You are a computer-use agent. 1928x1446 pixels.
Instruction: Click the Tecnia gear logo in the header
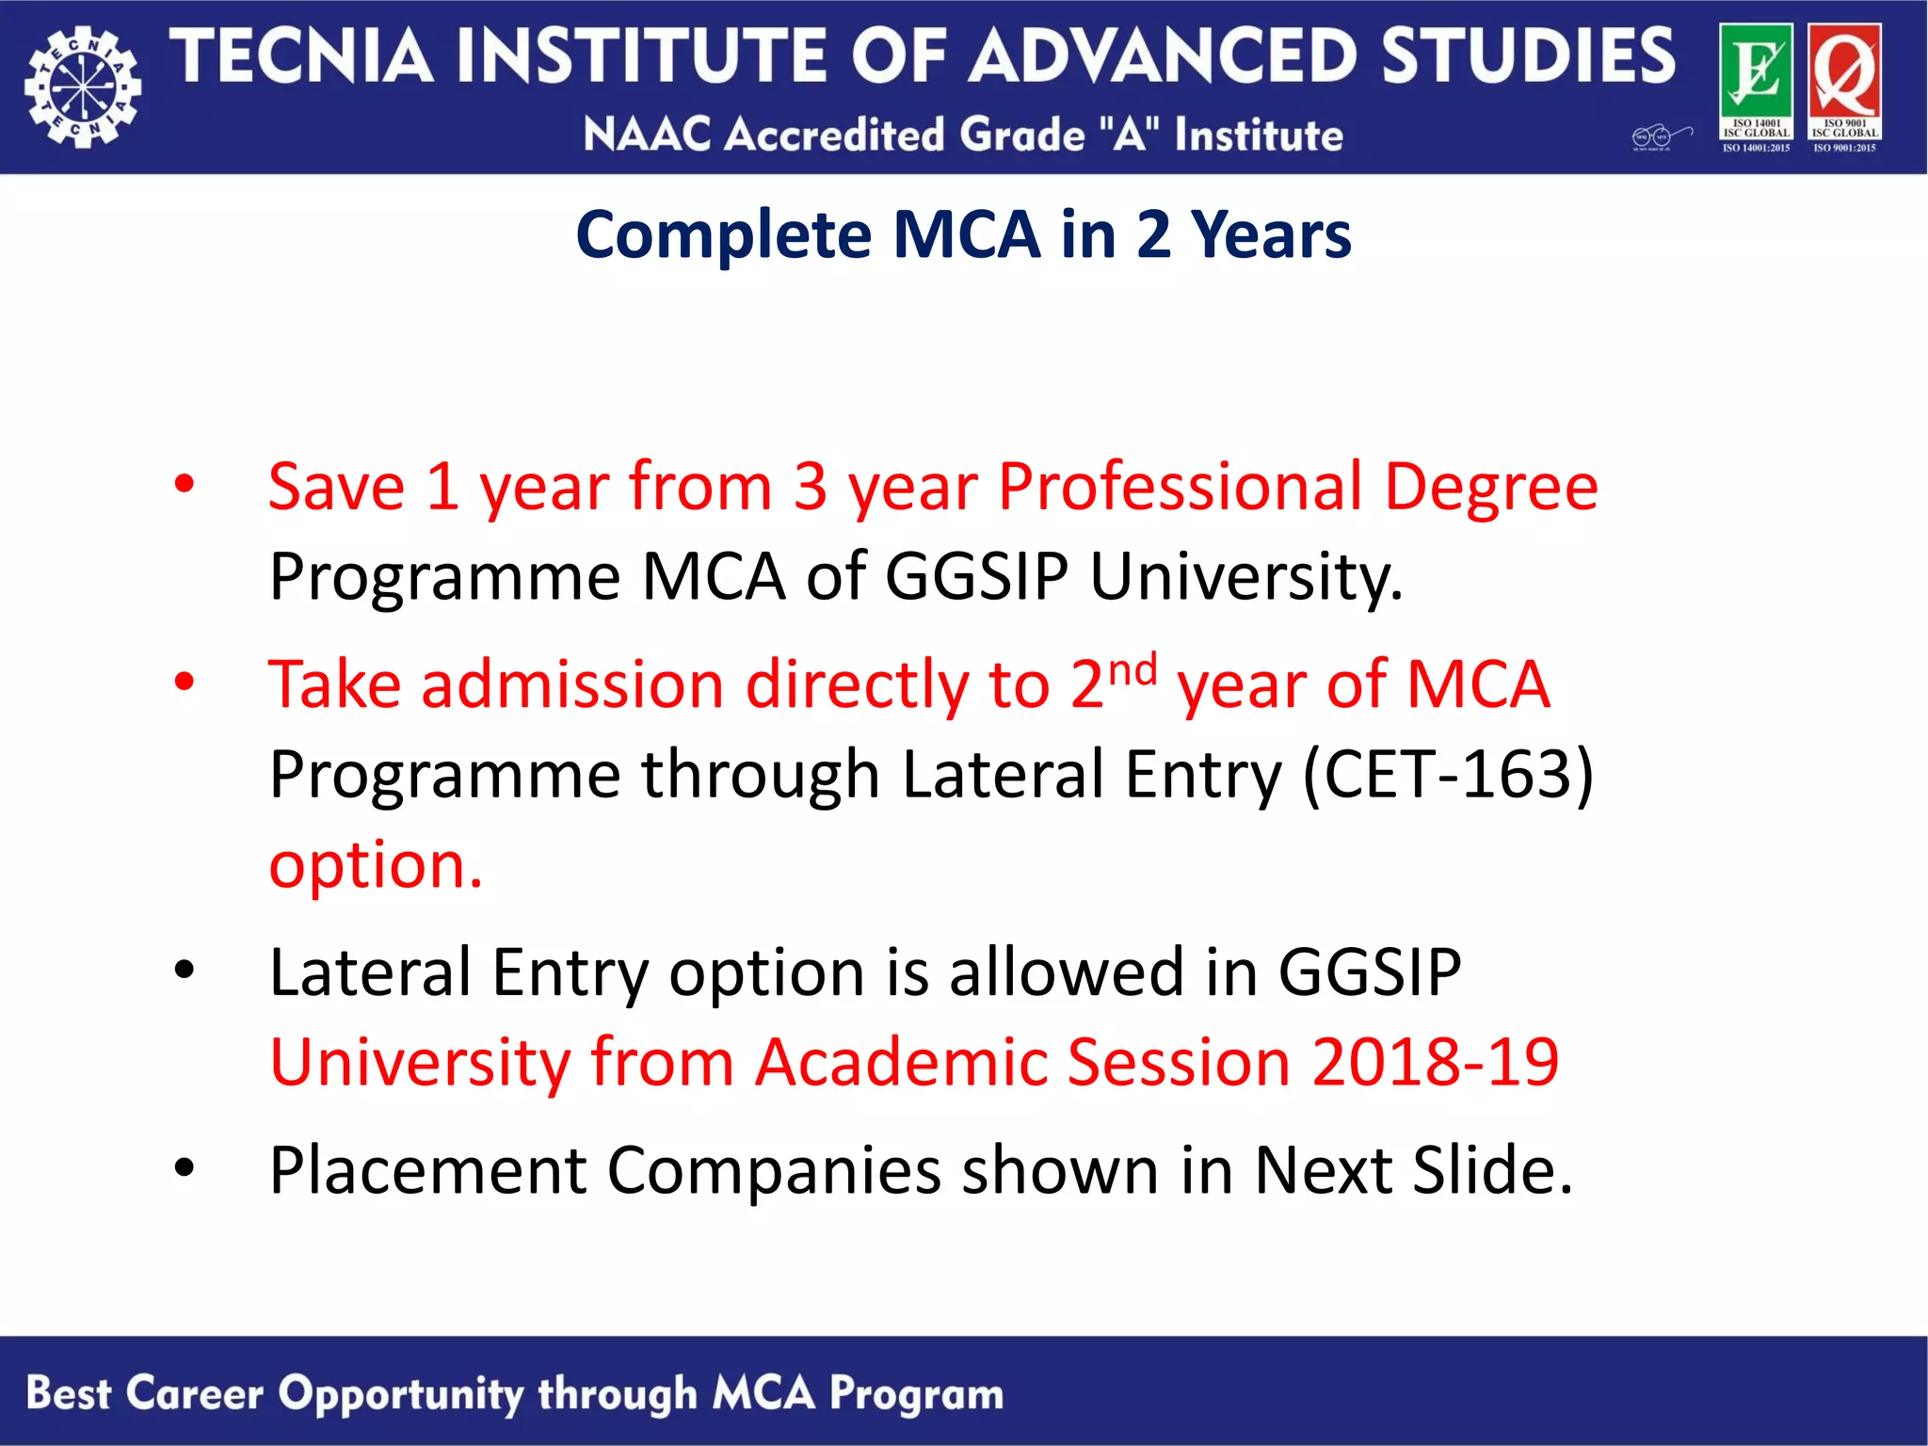coord(83,88)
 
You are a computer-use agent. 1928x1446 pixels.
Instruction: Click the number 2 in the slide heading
coord(1153,234)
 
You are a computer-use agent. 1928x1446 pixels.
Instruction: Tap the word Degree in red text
coord(1491,487)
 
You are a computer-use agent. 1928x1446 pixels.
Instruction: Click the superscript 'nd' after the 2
coord(1133,669)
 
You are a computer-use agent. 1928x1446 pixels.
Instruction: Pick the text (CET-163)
coord(1448,775)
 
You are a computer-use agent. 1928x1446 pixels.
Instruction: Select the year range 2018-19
coord(1436,1062)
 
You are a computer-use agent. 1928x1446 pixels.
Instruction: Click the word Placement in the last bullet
coord(427,1170)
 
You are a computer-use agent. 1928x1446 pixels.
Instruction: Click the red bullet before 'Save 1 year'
coord(185,484)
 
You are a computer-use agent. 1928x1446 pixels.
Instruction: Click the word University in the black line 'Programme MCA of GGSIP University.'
coord(1246,576)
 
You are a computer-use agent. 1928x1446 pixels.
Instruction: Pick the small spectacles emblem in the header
coord(1661,137)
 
